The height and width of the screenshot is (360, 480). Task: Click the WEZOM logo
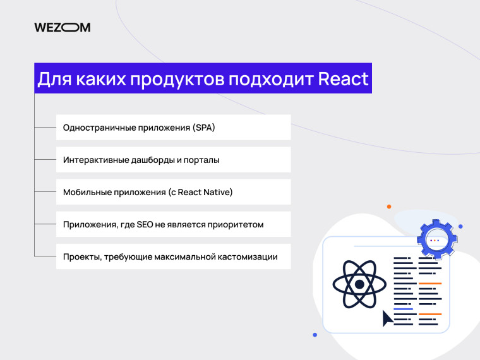63,27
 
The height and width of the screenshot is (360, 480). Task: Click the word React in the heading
343,80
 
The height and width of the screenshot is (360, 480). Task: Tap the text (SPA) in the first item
203,128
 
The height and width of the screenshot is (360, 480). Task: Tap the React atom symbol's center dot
359,285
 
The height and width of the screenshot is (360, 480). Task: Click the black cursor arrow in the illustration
387,318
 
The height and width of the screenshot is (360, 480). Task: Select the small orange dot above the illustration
389,207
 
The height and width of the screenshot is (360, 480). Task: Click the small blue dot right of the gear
460,226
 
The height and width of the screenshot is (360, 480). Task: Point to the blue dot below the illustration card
315,335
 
